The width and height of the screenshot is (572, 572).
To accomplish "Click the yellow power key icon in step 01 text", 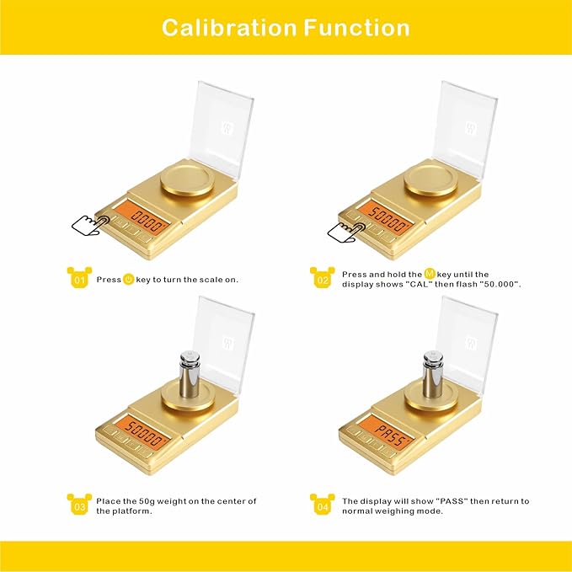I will (129, 278).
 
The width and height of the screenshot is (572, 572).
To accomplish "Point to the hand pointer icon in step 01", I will (88, 224).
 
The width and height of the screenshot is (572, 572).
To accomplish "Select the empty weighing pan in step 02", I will (431, 178).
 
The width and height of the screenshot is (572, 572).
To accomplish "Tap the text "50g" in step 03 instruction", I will (147, 501).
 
